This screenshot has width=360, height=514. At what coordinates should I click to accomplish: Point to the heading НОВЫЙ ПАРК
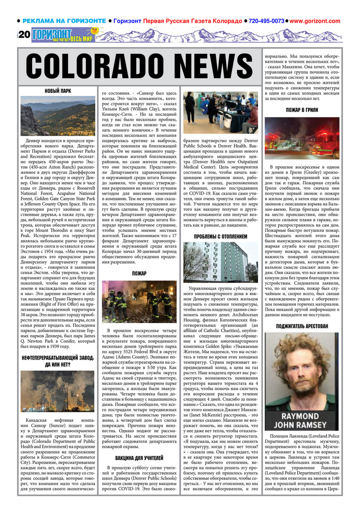(x=58, y=91)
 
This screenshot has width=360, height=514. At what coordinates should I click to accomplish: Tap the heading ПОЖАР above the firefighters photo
(x=139, y=273)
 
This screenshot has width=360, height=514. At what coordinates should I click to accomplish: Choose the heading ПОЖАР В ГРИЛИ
(x=302, y=110)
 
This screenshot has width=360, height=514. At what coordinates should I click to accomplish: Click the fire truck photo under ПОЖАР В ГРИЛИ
(x=302, y=138)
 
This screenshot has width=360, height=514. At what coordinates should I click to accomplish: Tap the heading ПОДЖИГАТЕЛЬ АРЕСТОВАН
(x=302, y=326)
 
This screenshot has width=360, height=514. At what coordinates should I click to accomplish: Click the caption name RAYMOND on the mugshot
(x=302, y=416)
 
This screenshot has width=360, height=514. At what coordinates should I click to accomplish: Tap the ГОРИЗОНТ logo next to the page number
(x=51, y=34)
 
